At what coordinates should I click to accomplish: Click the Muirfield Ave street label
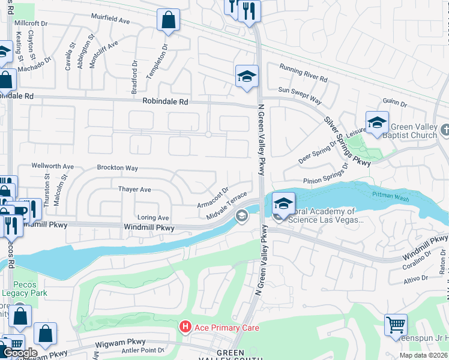point(110,20)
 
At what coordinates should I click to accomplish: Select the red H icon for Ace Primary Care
point(185,326)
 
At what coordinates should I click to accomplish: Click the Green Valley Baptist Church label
point(414,131)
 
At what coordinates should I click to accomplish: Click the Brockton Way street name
point(117,169)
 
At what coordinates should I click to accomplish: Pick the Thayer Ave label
point(134,189)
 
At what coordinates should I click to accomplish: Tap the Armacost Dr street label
point(212,197)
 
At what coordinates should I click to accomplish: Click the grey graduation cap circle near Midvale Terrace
point(242,216)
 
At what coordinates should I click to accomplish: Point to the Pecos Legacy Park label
point(24,289)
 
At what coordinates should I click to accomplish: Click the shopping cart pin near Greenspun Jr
point(396,325)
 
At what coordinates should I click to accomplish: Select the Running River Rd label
point(303,78)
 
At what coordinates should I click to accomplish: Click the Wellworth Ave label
point(52,166)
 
